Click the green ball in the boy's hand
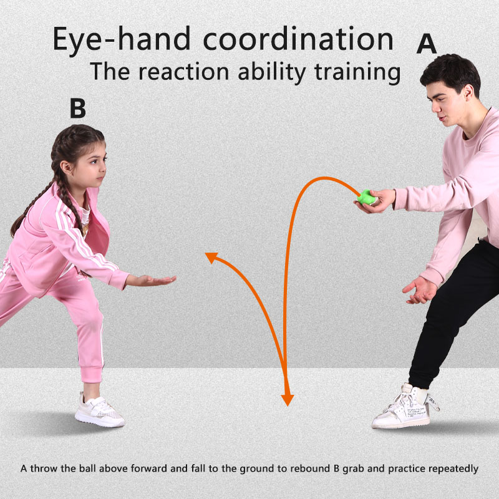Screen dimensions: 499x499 click(366, 197)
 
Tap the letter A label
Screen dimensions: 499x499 click(427, 44)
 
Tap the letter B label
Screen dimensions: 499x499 click(77, 108)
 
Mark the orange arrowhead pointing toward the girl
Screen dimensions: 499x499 click(213, 258)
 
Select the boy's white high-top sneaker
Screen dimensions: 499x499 click(402, 408)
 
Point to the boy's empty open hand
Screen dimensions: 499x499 click(421, 289)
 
